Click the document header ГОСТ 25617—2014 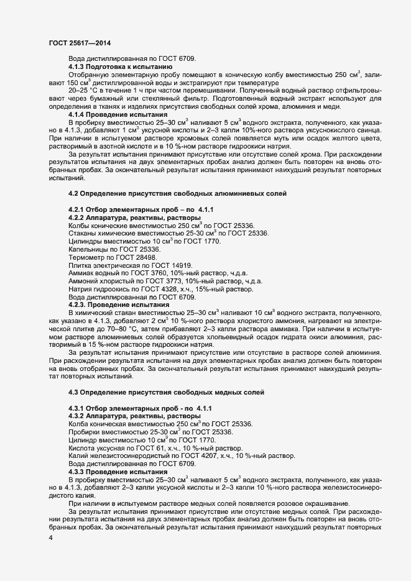pos(80,42)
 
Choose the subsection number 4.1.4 pos(77,114)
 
